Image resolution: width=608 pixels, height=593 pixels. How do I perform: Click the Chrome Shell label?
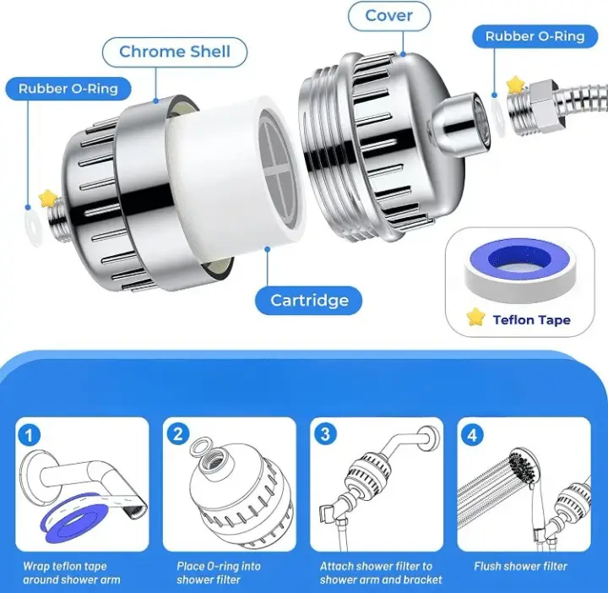(x=175, y=52)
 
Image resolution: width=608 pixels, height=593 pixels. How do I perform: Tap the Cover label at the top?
(x=389, y=16)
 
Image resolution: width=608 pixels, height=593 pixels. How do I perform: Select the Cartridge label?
(x=309, y=300)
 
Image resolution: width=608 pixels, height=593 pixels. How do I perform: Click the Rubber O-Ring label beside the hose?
(x=535, y=36)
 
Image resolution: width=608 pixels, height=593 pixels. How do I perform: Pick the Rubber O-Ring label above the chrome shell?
(x=68, y=89)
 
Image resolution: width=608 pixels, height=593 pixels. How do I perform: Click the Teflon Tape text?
(x=531, y=320)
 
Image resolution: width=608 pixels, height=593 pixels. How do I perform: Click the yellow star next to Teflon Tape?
(x=475, y=317)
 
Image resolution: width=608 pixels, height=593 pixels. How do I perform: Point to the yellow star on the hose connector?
(x=515, y=84)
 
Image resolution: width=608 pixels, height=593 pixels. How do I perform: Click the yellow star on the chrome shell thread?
(x=47, y=199)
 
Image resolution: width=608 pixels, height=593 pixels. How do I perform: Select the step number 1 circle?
(x=29, y=435)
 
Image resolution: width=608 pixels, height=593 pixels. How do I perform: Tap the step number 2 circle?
(x=178, y=434)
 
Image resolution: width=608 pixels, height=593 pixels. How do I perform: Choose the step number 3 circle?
(x=325, y=434)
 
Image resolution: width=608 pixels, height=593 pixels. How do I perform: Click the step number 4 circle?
(x=472, y=435)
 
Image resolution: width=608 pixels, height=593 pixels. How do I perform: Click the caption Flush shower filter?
(x=520, y=566)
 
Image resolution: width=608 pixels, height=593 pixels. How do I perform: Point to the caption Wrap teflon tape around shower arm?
(x=71, y=573)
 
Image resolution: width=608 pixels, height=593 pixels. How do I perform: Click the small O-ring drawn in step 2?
(x=202, y=445)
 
